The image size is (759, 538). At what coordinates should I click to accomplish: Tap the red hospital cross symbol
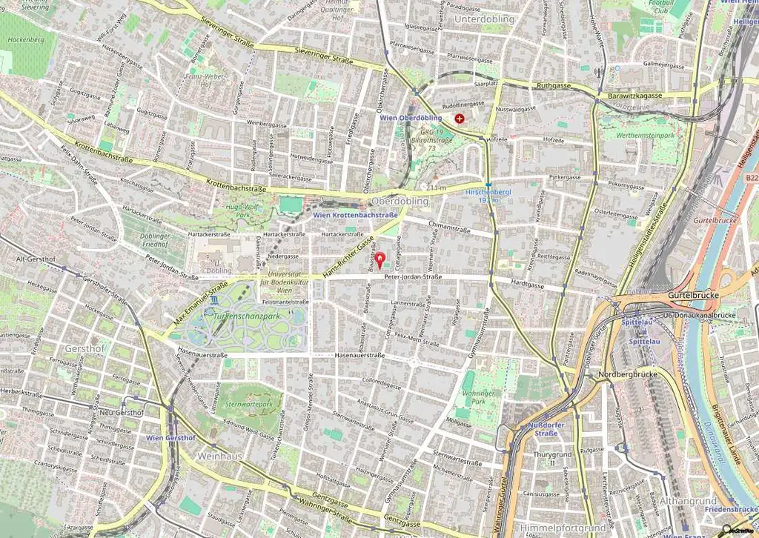coord(460,118)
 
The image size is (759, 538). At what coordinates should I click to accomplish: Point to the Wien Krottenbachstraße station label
coord(355,215)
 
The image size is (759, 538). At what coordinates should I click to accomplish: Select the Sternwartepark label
coord(248,405)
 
